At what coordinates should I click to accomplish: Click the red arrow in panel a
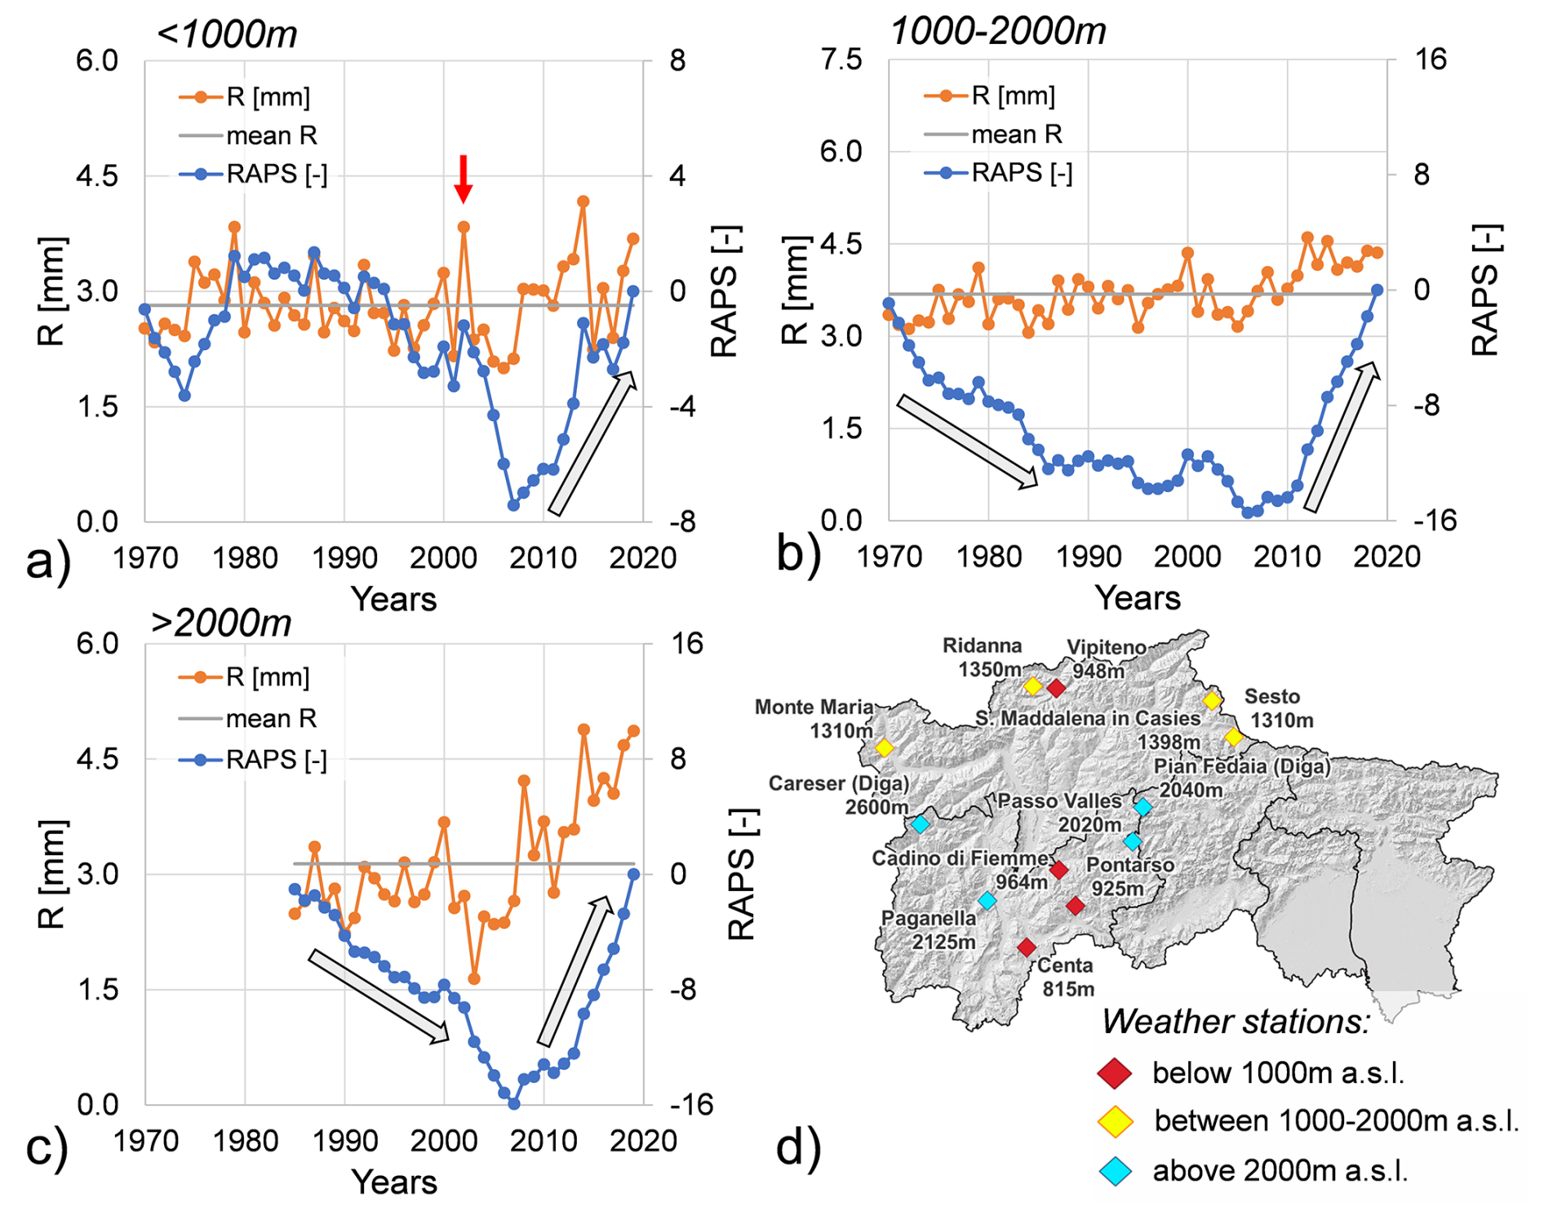(463, 179)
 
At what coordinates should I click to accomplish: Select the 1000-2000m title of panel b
(997, 32)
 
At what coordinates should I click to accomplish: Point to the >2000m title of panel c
(221, 623)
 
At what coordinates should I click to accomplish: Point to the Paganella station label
(930, 929)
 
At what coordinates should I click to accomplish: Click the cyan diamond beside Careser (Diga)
(921, 824)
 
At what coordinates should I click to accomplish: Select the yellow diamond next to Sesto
(1212, 700)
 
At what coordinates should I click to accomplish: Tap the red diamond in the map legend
(1115, 1073)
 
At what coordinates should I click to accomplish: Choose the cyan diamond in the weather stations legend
(1115, 1171)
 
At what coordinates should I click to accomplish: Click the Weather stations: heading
(1235, 1022)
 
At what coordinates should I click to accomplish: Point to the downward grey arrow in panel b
(967, 441)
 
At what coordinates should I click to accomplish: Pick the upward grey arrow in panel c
(574, 970)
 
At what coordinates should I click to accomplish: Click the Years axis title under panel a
(394, 599)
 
